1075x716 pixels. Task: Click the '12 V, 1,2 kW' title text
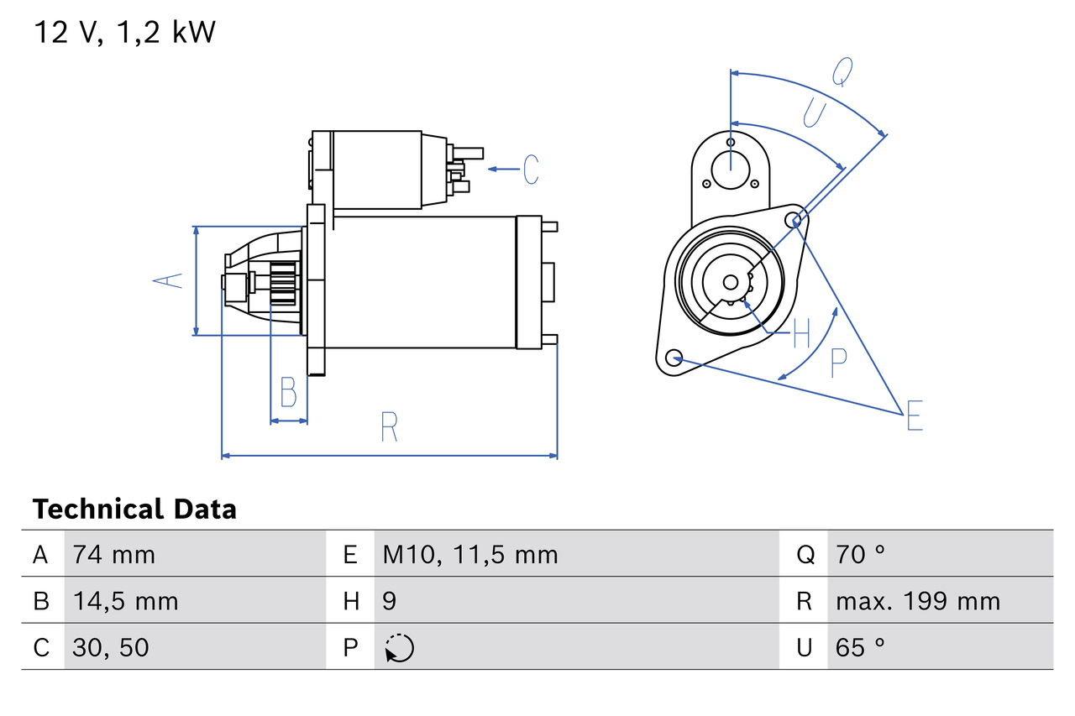pyautogui.click(x=124, y=32)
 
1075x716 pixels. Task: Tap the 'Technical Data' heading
pyautogui.click(x=134, y=509)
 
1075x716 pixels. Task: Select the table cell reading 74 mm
pyautogui.click(x=113, y=554)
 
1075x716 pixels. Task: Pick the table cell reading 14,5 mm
pyautogui.click(x=125, y=601)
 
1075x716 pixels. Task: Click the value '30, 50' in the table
pyautogui.click(x=111, y=647)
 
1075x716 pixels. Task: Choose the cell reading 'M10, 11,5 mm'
pyautogui.click(x=470, y=554)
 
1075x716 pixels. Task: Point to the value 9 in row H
pyautogui.click(x=390, y=601)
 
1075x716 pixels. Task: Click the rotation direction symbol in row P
pyautogui.click(x=399, y=648)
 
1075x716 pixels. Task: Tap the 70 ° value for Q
pyautogui.click(x=861, y=554)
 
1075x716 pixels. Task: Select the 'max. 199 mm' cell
pyautogui.click(x=918, y=601)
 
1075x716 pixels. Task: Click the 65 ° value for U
pyautogui.click(x=861, y=647)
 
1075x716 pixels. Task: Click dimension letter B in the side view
pyautogui.click(x=288, y=392)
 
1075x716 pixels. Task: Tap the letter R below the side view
pyautogui.click(x=388, y=427)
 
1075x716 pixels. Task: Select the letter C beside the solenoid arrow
pyautogui.click(x=530, y=170)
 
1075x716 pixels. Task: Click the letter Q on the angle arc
pyautogui.click(x=842, y=72)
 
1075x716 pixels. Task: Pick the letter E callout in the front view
pyautogui.click(x=915, y=415)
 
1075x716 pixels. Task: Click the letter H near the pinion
pyautogui.click(x=801, y=333)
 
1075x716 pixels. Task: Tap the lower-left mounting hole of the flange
pyautogui.click(x=673, y=358)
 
